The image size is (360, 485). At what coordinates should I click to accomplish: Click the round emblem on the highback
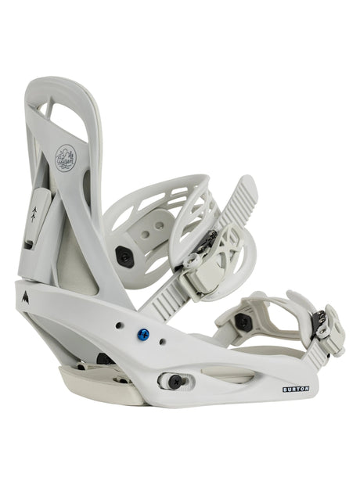(x=66, y=160)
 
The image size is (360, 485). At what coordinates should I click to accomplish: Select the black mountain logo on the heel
(x=23, y=296)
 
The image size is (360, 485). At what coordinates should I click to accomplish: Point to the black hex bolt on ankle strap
(x=123, y=257)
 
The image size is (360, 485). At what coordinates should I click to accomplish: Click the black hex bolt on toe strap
(x=244, y=322)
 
